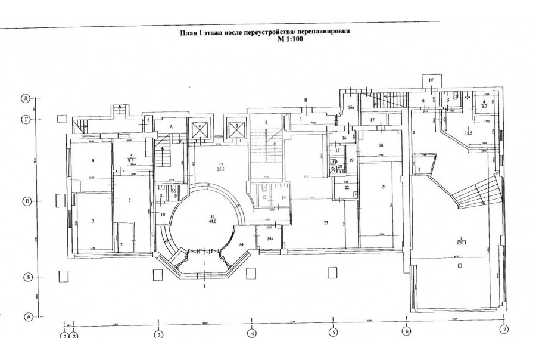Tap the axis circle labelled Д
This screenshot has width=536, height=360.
tap(26, 98)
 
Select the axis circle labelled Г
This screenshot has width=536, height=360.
tap(26, 119)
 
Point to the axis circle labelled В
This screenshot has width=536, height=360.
tap(26, 202)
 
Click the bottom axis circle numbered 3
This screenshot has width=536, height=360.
tap(159, 334)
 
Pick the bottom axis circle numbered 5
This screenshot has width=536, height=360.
tap(334, 332)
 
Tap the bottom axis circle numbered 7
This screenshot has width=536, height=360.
tap(504, 330)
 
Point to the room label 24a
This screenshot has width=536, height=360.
tap(270, 239)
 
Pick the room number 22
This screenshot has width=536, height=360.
tap(346, 187)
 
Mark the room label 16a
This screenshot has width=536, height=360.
tap(351, 108)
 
